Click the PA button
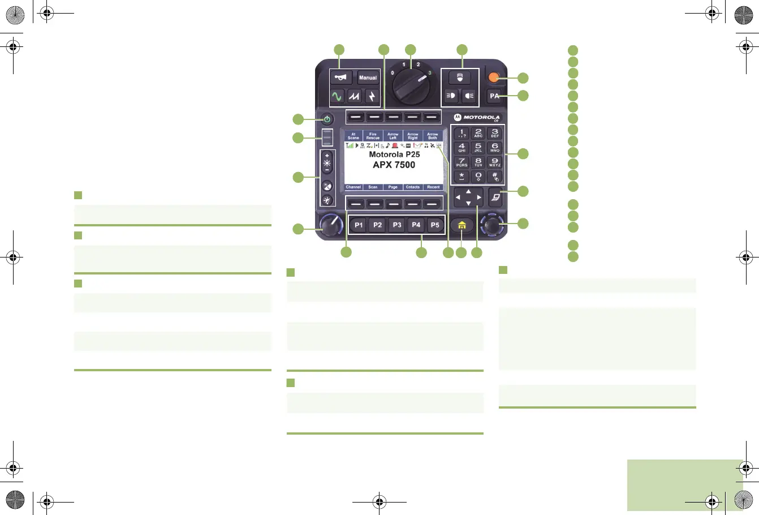[494, 96]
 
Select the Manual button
[368, 78]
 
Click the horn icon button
[340, 78]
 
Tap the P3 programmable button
[397, 225]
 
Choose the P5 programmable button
[435, 225]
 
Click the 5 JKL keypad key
[478, 148]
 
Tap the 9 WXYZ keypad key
[494, 162]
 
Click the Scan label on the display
[373, 187]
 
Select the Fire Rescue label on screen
[373, 136]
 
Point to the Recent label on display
[433, 187]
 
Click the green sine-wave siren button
[337, 96]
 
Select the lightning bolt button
[372, 96]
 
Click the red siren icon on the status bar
[395, 145]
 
